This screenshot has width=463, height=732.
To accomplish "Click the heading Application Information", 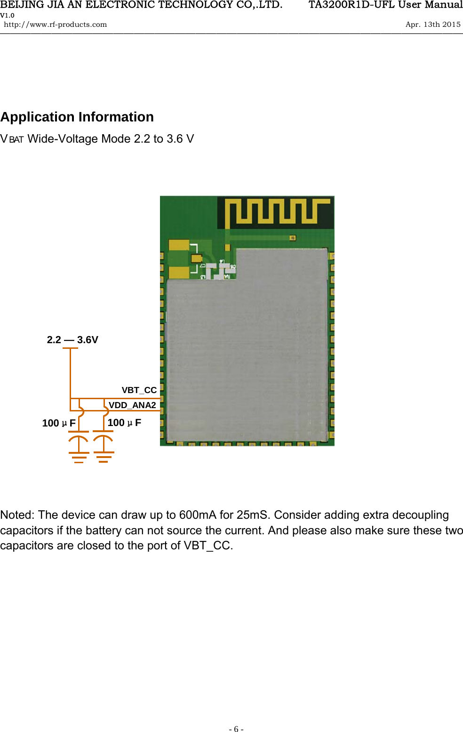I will [77, 117].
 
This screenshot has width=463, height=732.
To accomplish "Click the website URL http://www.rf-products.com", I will [56, 24].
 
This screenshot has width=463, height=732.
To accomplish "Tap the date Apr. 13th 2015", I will [433, 24].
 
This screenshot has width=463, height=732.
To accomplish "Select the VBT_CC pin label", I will [139, 390].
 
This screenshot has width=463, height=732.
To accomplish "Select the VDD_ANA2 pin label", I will [132, 405].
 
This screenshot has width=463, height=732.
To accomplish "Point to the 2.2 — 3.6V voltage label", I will [72, 340].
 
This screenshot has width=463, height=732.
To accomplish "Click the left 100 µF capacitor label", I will [59, 423].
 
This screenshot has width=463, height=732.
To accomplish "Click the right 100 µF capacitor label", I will [124, 423].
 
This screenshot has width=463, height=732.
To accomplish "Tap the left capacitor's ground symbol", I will [79, 457].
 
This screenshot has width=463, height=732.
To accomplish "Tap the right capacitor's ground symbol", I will [104, 457].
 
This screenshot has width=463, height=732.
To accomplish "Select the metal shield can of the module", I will [247, 353].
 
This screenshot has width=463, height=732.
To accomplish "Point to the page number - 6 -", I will [236, 729].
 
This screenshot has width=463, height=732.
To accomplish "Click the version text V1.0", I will [7, 15].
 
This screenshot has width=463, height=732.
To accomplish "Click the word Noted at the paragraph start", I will [16, 515].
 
